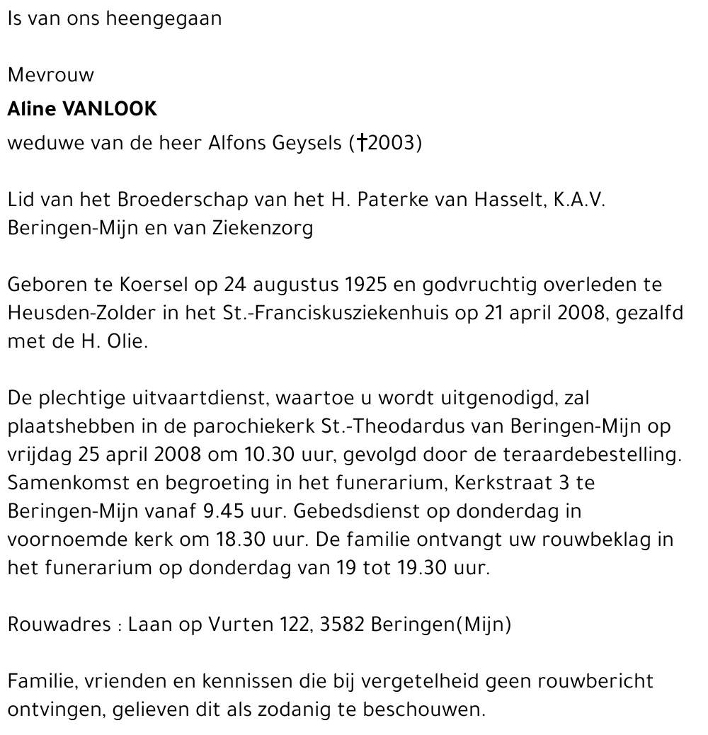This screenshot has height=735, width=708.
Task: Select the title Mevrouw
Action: click(50, 75)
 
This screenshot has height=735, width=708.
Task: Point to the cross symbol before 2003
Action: click(361, 143)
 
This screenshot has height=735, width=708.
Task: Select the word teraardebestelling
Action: click(605, 455)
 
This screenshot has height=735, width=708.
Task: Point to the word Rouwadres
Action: click(59, 625)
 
